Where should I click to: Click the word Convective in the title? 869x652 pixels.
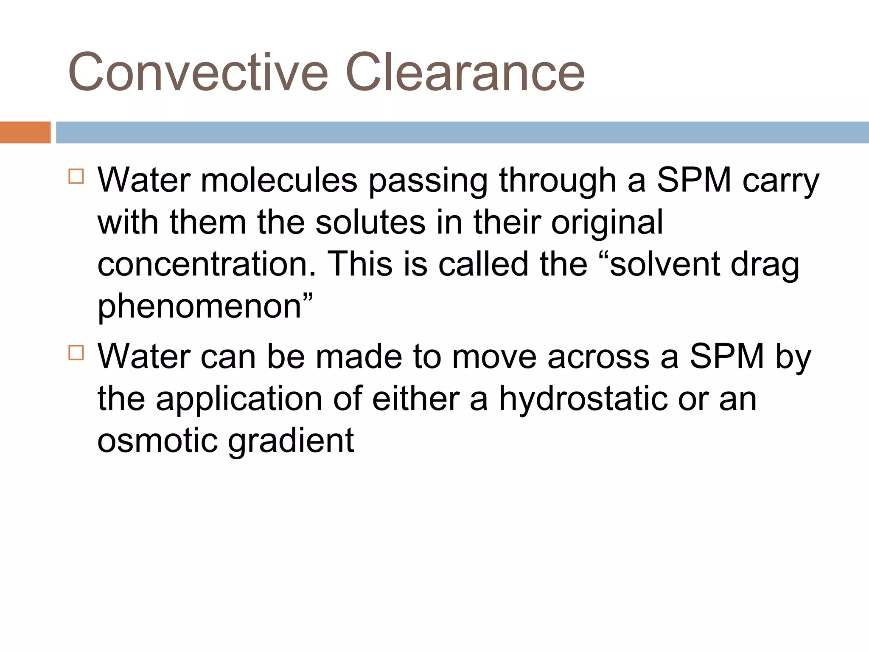(198, 72)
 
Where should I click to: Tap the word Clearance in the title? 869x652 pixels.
(465, 72)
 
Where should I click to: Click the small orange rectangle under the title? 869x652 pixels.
(25, 132)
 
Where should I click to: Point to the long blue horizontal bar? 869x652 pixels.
(462, 132)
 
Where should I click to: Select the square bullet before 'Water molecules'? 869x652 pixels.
(76, 176)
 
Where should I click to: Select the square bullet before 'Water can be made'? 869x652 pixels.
(76, 352)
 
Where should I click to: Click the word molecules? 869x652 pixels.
(279, 180)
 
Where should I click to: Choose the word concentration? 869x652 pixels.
(207, 264)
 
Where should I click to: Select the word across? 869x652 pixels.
(598, 357)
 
